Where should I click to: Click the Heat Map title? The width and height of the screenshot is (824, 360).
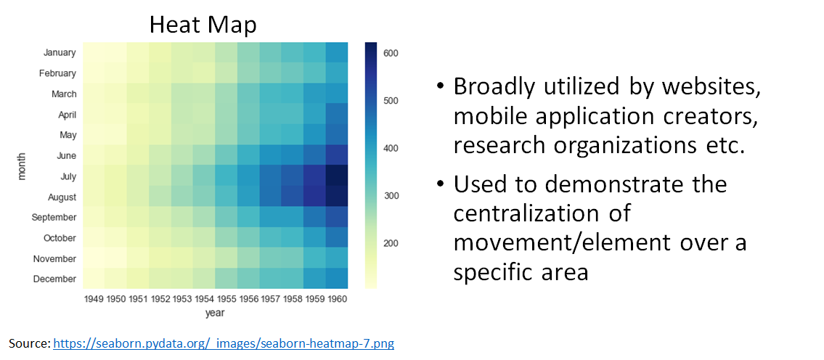pos(203,25)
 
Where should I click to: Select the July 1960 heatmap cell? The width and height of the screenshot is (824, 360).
pos(336,176)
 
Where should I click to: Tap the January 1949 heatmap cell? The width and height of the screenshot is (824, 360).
pos(94,52)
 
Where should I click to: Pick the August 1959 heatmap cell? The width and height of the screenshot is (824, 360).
pos(314,196)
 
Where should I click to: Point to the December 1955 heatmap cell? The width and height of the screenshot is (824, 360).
pos(226,279)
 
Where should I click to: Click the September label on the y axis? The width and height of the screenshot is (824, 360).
pos(54,217)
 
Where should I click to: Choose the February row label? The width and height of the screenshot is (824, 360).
pos(57,73)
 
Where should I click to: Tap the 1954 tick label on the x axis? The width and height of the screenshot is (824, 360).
pos(204,300)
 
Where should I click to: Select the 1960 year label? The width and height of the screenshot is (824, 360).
pos(336,300)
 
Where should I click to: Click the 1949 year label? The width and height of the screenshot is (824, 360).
pos(94,300)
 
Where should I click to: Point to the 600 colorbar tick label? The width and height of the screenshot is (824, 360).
pos(391,53)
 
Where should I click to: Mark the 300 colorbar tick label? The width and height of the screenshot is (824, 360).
pos(391,196)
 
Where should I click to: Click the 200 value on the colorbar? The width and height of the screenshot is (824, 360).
pos(391,244)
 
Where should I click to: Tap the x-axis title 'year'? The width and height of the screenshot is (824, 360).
pos(216,314)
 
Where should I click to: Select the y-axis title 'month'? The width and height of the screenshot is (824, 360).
pos(22,165)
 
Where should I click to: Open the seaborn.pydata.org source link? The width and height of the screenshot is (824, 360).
pos(224,344)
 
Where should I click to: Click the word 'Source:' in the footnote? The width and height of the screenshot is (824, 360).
pos(30,344)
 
